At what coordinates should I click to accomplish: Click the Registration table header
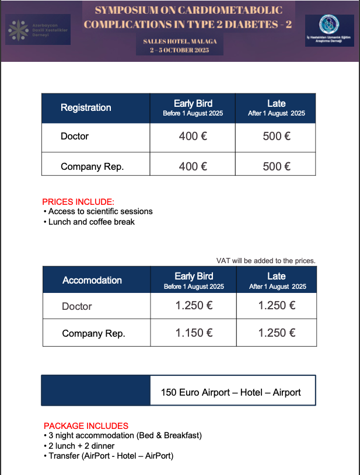86,107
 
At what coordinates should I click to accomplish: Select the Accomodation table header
92,280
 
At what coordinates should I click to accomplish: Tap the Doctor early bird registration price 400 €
193,137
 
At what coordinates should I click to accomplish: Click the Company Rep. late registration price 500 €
277,166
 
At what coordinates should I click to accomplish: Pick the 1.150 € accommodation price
194,333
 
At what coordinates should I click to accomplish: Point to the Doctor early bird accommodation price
194,305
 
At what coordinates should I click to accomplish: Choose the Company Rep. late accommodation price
277,333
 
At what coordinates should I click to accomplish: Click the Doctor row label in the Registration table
75,137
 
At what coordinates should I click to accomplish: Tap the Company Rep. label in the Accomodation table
94,334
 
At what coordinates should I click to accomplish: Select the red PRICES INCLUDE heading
74,202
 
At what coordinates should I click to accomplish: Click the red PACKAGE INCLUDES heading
86,426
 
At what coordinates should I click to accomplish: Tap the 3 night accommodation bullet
125,436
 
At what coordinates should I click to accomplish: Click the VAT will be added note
265,260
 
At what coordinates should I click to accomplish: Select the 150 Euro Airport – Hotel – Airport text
231,392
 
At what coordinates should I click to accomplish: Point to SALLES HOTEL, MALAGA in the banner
179,42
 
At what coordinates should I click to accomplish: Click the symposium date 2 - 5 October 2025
179,51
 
